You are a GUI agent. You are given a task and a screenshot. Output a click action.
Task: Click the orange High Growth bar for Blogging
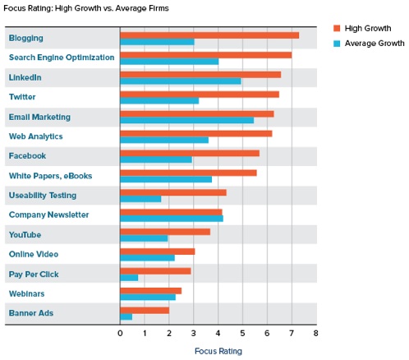(x=209, y=35)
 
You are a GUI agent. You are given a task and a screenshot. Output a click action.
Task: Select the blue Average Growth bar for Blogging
(x=157, y=42)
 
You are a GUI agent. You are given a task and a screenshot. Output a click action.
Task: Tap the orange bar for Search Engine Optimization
(x=205, y=54)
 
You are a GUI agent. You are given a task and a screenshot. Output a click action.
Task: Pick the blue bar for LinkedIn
(x=181, y=81)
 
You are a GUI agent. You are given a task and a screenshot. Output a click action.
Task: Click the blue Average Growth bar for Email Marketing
(x=186, y=121)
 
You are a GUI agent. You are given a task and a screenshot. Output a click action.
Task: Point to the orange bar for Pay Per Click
(x=155, y=270)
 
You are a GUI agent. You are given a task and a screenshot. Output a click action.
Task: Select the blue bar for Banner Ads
(x=126, y=316)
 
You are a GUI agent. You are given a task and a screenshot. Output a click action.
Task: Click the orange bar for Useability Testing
(x=172, y=192)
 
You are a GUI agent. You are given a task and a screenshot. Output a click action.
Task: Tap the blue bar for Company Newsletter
(x=171, y=219)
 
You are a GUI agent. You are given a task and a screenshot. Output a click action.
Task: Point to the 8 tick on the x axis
(x=315, y=334)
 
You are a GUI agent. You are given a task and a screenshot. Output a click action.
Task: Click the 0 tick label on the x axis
(x=120, y=334)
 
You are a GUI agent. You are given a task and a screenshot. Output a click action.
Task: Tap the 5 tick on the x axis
(x=242, y=334)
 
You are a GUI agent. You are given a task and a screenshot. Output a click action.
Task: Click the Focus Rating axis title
(x=218, y=351)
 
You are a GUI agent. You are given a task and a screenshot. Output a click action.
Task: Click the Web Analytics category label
(x=35, y=136)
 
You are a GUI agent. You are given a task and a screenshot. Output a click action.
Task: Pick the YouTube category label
(x=25, y=234)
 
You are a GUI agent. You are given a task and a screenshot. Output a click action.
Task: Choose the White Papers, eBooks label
(x=50, y=176)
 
